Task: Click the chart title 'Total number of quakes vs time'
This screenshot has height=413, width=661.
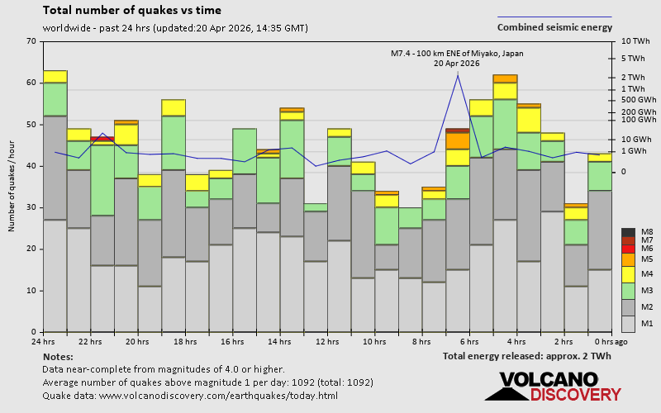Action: [x=131, y=11]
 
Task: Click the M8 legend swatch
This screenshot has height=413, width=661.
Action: [x=628, y=233]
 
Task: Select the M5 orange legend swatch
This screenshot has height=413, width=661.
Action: [x=628, y=259]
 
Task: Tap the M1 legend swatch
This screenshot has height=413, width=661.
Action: [x=628, y=323]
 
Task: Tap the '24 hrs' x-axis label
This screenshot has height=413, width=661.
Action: [x=43, y=341]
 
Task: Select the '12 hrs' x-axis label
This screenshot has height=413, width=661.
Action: [x=327, y=341]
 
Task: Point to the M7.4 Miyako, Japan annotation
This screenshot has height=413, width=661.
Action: [x=457, y=58]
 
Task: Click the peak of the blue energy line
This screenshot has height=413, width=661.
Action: [x=458, y=74]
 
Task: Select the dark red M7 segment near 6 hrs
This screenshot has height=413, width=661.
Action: [x=458, y=131]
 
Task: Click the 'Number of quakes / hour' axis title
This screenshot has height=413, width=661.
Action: [x=12, y=187]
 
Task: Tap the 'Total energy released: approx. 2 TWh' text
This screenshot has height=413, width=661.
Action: [x=526, y=356]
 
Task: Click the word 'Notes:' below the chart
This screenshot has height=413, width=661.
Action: [x=57, y=356]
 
